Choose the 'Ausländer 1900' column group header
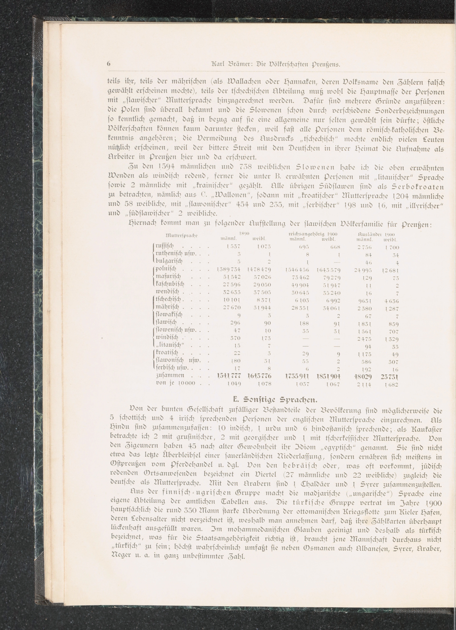point(376,234)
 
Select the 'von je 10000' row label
point(175,384)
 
